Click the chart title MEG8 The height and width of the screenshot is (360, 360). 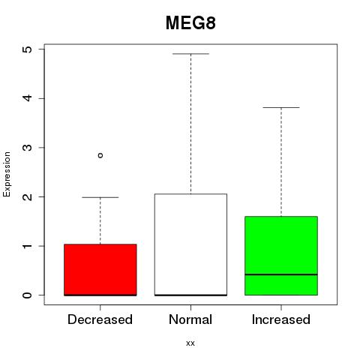click(190, 23)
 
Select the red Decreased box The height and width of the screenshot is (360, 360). click(100, 270)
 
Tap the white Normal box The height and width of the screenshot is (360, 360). click(190, 244)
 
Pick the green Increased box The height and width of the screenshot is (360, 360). click(281, 256)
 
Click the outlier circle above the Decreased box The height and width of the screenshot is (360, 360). click(100, 155)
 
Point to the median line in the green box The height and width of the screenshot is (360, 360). click(281, 274)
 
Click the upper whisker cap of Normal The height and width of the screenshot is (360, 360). click(190, 54)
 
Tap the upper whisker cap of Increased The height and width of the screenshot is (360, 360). click(281, 107)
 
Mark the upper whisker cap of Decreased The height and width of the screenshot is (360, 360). click(100, 197)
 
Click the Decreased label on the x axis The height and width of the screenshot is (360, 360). click(100, 319)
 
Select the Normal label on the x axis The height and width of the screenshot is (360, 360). click(190, 319)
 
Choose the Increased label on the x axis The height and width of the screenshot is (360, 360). click(281, 319)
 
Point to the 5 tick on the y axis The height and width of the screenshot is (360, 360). click(28, 49)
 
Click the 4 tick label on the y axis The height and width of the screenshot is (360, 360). click(28, 98)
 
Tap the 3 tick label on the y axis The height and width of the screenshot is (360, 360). click(28, 148)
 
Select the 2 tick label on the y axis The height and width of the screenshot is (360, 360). click(28, 196)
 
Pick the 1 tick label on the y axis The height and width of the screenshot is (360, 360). click(28, 246)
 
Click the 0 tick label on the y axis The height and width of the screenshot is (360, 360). click(28, 295)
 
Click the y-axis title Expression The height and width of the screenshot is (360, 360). click(7, 175)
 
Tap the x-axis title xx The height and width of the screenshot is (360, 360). click(190, 343)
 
